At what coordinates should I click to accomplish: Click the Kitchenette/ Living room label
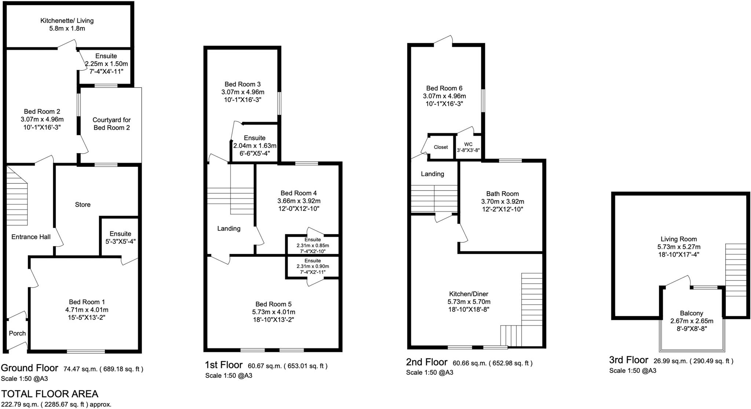(x=67, y=21)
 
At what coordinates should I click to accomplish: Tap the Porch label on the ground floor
(x=17, y=333)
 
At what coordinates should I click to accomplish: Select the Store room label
(x=83, y=204)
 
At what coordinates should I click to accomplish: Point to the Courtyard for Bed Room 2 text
(x=111, y=124)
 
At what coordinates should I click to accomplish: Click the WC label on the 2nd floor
(x=468, y=144)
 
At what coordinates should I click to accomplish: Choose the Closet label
(x=441, y=147)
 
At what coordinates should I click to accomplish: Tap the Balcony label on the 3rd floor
(x=691, y=313)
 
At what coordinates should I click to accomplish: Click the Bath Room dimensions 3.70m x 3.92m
(x=502, y=202)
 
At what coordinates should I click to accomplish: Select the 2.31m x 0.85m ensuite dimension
(x=312, y=246)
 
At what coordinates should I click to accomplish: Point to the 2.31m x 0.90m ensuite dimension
(x=312, y=266)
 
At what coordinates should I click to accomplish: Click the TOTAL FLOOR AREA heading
(x=50, y=394)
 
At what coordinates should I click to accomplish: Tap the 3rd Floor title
(x=629, y=360)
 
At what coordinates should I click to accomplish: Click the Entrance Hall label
(x=31, y=237)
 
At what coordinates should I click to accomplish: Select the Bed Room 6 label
(x=444, y=88)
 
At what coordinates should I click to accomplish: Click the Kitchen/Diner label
(x=469, y=294)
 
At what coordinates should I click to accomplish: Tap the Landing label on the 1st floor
(x=229, y=229)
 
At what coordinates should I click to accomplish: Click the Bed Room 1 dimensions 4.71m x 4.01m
(x=87, y=310)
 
